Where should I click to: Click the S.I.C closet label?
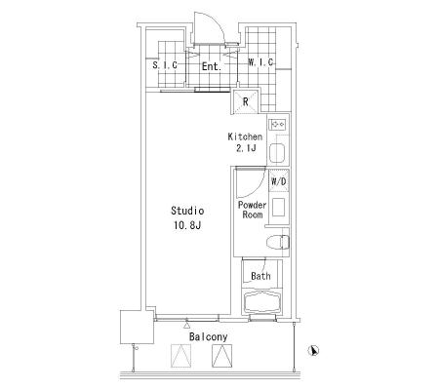(165, 65)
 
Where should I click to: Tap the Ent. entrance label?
(212, 66)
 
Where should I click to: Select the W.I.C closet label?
(260, 62)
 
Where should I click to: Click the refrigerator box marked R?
(246, 101)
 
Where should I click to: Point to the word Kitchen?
(245, 136)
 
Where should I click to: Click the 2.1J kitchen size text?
(246, 148)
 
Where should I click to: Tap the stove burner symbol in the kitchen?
(278, 124)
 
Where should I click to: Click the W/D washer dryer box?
(279, 181)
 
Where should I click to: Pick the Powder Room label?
(253, 210)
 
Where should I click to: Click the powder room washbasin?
(278, 207)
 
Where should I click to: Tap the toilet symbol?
(277, 242)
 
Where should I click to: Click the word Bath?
(260, 276)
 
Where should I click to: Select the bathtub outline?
(262, 302)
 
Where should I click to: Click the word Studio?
(187, 211)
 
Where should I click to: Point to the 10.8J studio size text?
(187, 225)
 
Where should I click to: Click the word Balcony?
(208, 336)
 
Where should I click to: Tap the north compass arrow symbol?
(313, 350)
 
